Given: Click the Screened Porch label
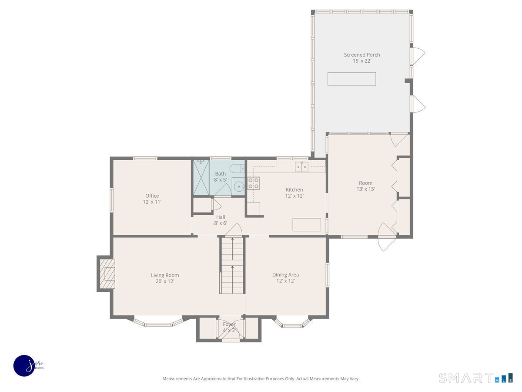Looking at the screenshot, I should coord(361,55).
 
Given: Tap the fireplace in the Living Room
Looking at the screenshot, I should coord(107,274).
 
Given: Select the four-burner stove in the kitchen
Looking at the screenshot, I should coord(254,183).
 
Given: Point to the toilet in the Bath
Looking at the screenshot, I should coord(238,169).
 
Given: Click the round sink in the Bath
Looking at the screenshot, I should coord(238,187).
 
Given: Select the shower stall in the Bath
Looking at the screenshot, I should coord(201,178).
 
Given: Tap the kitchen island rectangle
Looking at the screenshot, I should coord(307,225).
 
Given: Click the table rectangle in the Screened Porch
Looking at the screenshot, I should coord(351,79).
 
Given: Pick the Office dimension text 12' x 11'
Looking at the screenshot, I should coord(152,202).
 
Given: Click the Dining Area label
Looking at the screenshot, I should coord(285,275).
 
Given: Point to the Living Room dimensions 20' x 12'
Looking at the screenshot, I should coord(165,281).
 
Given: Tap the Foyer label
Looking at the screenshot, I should coord(229,324).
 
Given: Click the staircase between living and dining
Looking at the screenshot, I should coord(232,266).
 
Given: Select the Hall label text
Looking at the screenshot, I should coord(221,217).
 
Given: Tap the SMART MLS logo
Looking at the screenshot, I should coord(475,378).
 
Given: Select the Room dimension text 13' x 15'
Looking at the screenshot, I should coord(365,189).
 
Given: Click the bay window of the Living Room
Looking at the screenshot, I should coord(158,323).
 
